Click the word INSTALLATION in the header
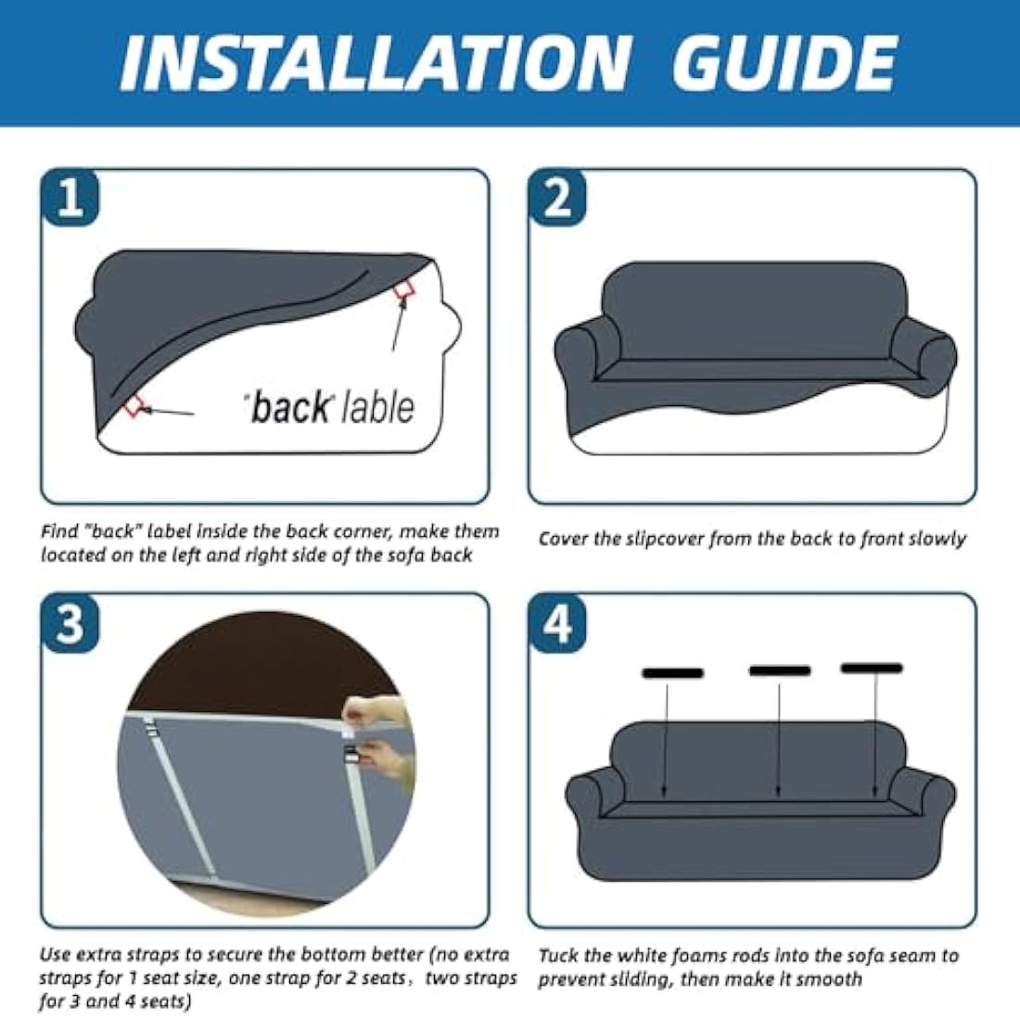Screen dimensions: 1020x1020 click(x=376, y=63)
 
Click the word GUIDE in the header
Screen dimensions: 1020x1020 click(x=784, y=63)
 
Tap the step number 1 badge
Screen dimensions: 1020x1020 click(x=70, y=198)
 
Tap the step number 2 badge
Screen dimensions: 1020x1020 click(x=557, y=198)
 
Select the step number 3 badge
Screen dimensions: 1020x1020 click(x=70, y=622)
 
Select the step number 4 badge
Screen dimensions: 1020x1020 click(x=557, y=622)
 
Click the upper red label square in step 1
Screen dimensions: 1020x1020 click(x=404, y=290)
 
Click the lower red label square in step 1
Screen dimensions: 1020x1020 click(x=134, y=406)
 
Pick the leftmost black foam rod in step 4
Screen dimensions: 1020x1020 click(x=672, y=673)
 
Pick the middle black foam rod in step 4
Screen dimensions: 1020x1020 click(x=780, y=670)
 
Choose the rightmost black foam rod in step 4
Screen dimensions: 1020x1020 click(x=872, y=668)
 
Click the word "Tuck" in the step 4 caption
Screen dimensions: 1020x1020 click(x=558, y=956)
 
